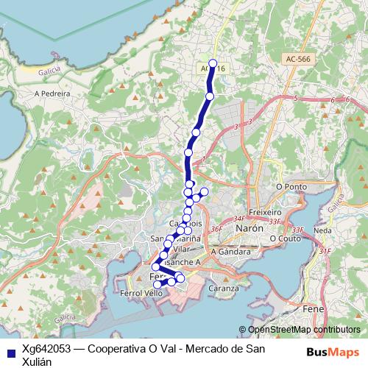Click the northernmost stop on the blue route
coord(213,63)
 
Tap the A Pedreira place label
coord(52,94)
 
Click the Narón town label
coord(248,229)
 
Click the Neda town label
coord(321,230)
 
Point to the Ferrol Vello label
coord(141,293)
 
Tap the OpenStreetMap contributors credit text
coord(303,330)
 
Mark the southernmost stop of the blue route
coord(157,284)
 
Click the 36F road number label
coord(216,229)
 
